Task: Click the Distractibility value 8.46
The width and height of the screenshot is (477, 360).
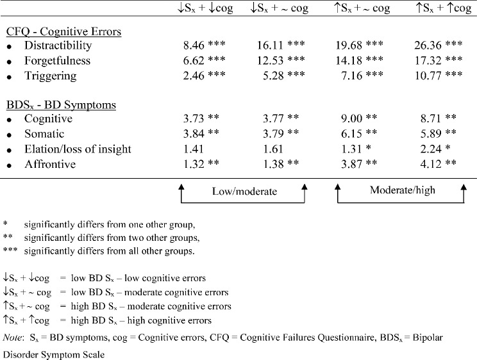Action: click(x=195, y=45)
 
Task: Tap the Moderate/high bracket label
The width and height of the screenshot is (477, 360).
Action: click(x=399, y=190)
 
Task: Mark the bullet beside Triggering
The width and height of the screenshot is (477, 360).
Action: click(x=9, y=77)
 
